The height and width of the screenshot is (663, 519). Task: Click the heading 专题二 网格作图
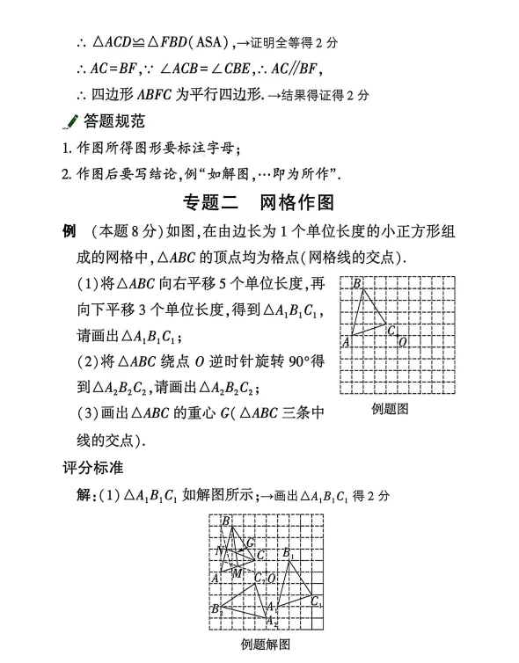point(259,202)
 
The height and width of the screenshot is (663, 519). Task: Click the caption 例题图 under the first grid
point(390,408)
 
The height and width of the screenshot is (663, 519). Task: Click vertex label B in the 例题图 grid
point(356,283)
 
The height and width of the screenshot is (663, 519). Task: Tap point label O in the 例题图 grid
point(402,342)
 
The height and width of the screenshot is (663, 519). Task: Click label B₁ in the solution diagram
point(289,553)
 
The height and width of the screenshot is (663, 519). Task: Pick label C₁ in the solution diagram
point(315,601)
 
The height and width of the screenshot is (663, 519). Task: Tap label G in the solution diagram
point(251,543)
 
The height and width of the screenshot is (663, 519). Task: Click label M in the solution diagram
point(237,573)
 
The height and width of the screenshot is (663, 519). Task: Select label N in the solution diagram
point(220,551)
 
